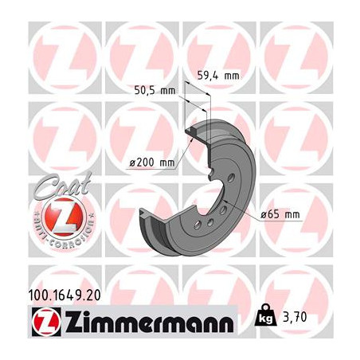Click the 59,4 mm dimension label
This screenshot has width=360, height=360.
217,77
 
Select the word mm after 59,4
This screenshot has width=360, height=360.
230,77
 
